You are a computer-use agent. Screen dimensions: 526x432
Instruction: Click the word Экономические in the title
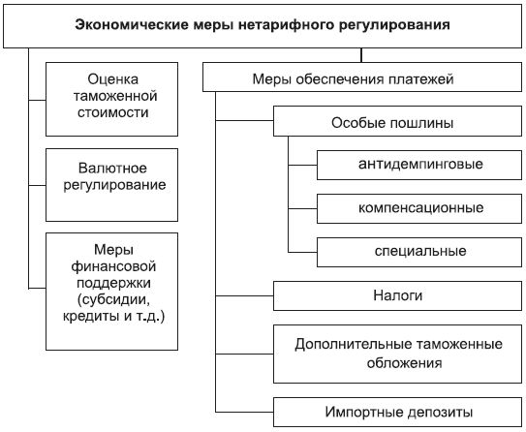tap(132, 25)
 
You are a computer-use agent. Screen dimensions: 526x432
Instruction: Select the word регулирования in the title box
tap(394, 25)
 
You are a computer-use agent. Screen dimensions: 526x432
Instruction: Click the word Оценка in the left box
tap(113, 79)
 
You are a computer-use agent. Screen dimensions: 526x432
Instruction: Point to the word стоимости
tap(113, 112)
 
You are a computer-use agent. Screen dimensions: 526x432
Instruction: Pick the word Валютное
tap(112, 168)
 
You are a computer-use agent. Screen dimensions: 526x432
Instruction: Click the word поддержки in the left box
tap(113, 283)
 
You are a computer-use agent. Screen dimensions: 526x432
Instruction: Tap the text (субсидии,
tap(113, 300)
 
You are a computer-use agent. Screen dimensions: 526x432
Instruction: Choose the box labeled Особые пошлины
tap(397, 121)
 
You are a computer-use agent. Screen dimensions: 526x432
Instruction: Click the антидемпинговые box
tap(419, 165)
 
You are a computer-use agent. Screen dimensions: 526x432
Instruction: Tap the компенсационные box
tap(419, 208)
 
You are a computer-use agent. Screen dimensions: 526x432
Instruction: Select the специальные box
tap(419, 252)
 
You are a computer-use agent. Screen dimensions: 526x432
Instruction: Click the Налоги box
tap(397, 295)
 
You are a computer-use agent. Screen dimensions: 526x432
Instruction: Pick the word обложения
tap(404, 363)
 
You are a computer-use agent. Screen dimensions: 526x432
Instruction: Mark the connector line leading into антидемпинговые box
tap(302, 165)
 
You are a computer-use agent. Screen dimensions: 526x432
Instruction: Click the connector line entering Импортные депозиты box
tap(244, 412)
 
